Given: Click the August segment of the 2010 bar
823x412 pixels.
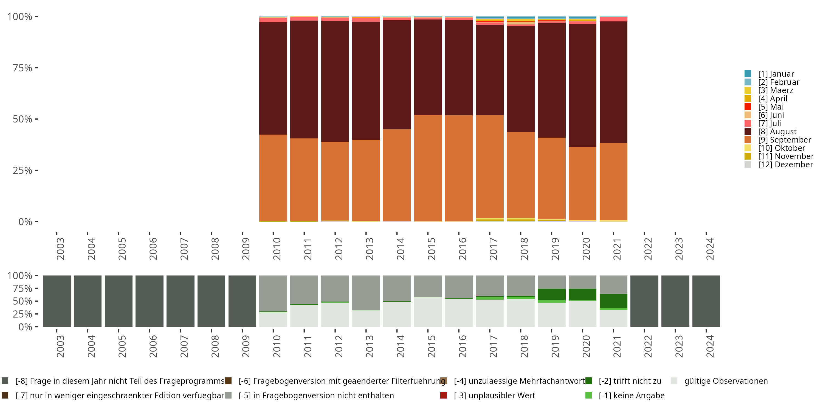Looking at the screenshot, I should tap(273, 78).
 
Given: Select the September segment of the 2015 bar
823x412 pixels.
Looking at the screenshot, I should tap(428, 168).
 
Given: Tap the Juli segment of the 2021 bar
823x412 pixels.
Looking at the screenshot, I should tap(613, 20).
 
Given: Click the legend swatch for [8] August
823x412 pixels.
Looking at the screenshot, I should tap(748, 132).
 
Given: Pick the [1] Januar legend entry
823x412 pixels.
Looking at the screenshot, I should tap(776, 74).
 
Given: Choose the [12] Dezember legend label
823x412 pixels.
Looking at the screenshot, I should tap(785, 165).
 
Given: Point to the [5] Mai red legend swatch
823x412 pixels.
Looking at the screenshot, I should tap(748, 107).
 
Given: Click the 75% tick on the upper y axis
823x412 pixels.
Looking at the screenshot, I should tap(22, 68).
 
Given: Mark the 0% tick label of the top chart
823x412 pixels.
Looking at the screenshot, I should tap(25, 222).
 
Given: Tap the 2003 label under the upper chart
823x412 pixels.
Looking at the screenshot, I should tap(60, 249).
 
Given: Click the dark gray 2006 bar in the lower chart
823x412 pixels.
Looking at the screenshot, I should tap(150, 301).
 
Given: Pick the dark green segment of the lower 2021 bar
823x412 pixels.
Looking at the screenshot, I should tap(613, 301).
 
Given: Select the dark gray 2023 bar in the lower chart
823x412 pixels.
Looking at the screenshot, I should tap(675, 301).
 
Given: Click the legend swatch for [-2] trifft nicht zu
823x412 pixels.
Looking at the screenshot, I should tap(588, 381).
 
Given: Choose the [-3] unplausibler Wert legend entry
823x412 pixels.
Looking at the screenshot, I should tap(494, 395).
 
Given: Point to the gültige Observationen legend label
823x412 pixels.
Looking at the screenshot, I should tap(726, 381).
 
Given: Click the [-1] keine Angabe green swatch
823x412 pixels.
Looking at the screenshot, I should tap(588, 395).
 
